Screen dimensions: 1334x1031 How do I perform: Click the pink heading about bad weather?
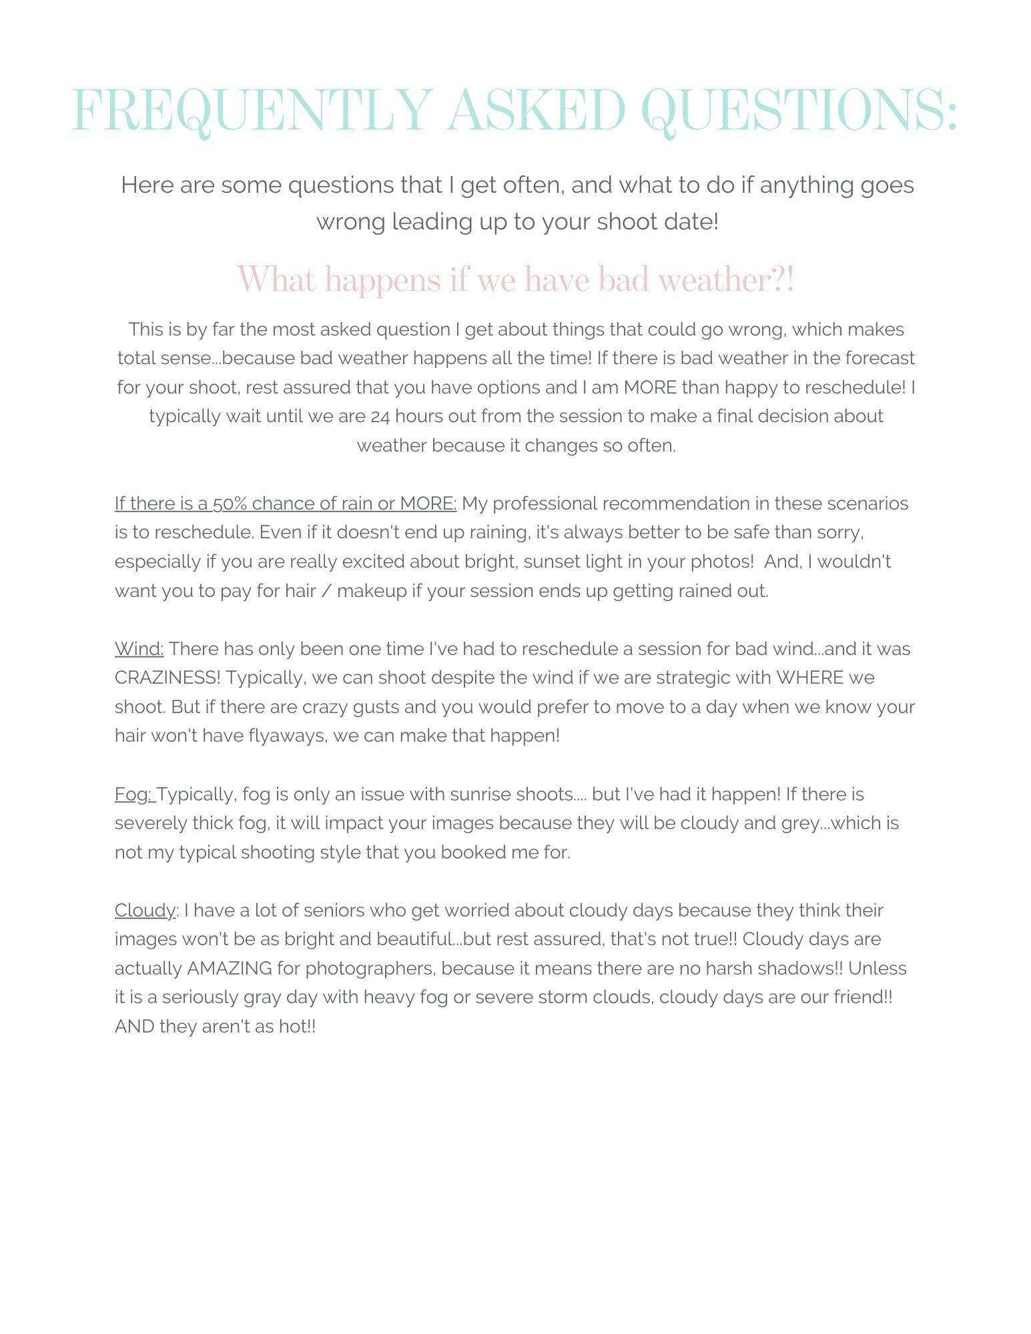click(x=515, y=279)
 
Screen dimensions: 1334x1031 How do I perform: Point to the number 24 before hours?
click(x=380, y=416)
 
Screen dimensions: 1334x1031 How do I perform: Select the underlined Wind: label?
click(x=139, y=649)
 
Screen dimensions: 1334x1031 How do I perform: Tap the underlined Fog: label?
click(x=134, y=794)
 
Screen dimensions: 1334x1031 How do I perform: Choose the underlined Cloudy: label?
click(x=146, y=910)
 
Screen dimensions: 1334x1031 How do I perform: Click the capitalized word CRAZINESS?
click(x=167, y=678)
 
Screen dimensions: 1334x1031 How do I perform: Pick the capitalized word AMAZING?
click(x=230, y=968)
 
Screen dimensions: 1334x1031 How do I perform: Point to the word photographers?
click(x=370, y=968)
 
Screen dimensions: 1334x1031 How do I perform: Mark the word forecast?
click(x=880, y=358)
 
